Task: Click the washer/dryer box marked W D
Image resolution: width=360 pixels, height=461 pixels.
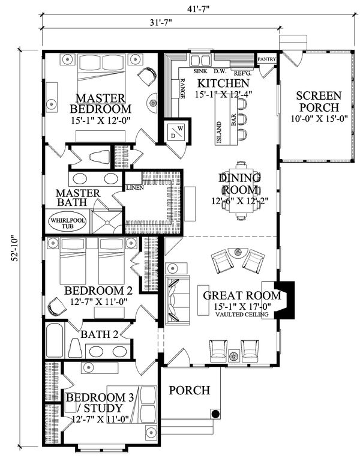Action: (176, 131)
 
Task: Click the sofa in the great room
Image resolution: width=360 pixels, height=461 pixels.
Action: (176, 300)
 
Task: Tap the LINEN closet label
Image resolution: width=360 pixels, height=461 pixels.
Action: (134, 188)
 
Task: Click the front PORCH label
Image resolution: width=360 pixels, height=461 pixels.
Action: (189, 391)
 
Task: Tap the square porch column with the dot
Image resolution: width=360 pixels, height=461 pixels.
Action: (215, 414)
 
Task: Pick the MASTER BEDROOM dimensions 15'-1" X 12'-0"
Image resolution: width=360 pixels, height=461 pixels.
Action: (100, 119)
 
